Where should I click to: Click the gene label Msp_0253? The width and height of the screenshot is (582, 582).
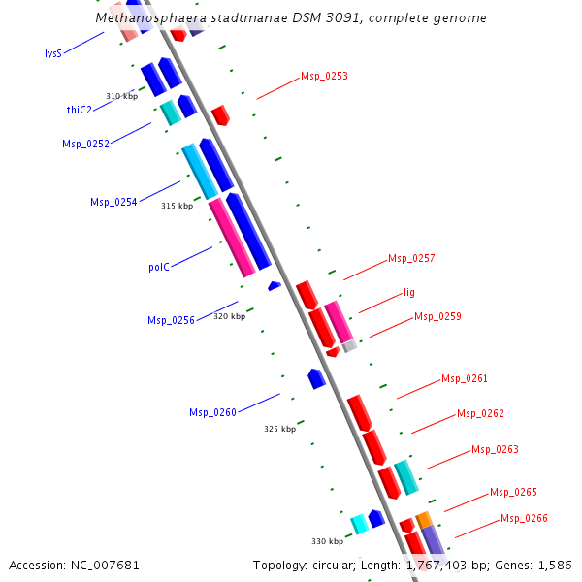(324, 76)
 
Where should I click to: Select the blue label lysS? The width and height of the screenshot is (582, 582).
(53, 53)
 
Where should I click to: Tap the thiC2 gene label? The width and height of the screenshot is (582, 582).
(79, 110)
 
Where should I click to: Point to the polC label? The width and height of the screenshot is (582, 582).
(159, 267)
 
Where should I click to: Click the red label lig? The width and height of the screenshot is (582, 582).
(409, 292)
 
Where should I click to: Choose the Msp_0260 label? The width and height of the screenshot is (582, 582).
(212, 413)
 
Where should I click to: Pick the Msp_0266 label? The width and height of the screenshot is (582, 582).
(524, 518)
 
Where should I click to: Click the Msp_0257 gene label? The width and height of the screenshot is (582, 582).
(411, 258)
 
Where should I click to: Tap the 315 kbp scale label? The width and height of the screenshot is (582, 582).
(177, 206)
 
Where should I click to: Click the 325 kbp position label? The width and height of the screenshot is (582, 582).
(279, 429)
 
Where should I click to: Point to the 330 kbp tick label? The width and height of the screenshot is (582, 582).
(327, 541)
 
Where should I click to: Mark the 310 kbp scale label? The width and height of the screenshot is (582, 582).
(121, 96)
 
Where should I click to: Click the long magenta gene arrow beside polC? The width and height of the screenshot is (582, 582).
(231, 238)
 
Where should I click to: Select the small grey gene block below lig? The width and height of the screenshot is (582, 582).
(349, 345)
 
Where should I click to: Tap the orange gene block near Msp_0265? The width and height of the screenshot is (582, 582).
(423, 520)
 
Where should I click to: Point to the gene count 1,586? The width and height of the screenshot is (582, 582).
(552, 565)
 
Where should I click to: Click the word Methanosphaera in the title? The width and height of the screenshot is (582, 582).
(146, 18)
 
